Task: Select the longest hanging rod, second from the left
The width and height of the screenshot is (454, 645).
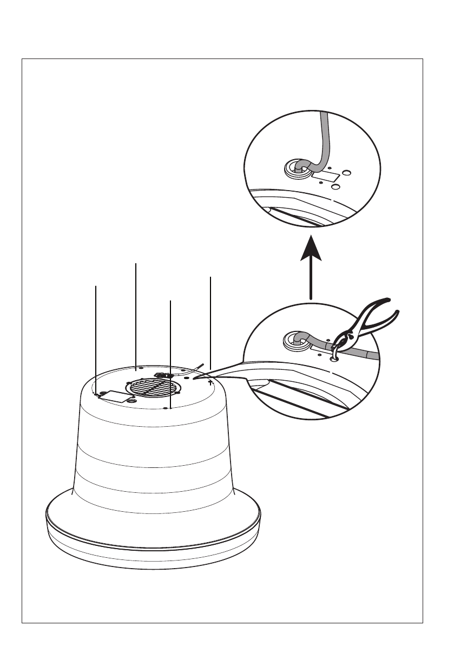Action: click(x=135, y=314)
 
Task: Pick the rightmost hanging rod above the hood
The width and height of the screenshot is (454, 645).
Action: click(x=210, y=325)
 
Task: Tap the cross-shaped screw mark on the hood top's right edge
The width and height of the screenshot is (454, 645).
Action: click(x=210, y=382)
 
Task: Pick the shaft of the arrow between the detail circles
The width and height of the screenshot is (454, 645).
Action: click(x=311, y=282)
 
